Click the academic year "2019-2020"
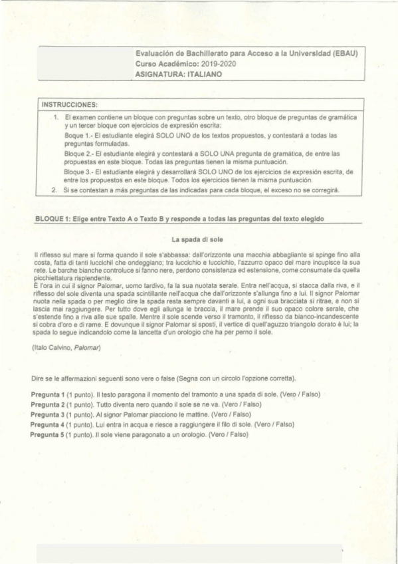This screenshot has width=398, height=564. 219,65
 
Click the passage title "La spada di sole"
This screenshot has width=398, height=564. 199,239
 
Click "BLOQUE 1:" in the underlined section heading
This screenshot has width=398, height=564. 52,219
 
